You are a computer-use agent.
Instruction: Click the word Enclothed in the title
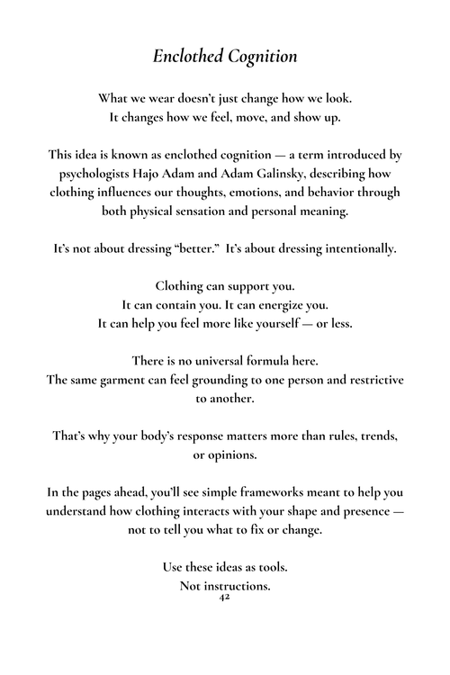point(188,56)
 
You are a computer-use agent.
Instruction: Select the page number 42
point(225,597)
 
